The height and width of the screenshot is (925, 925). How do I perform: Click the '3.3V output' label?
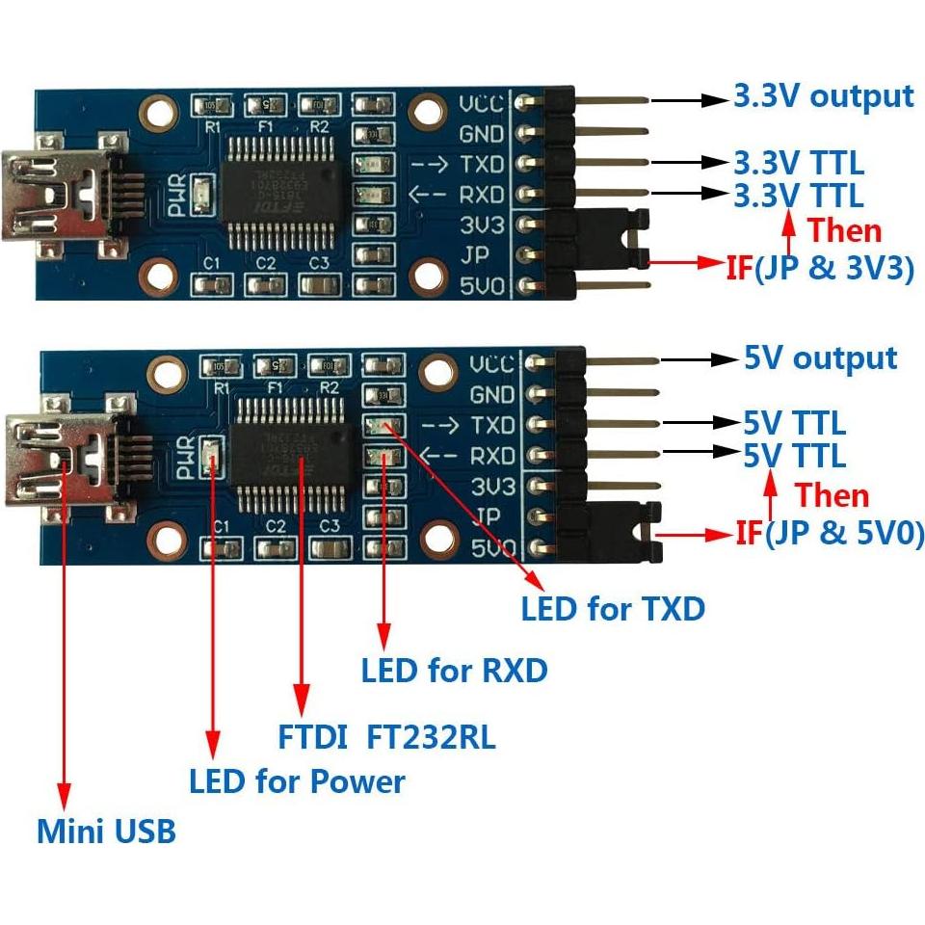[823, 96]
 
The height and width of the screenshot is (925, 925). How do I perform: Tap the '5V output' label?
[820, 358]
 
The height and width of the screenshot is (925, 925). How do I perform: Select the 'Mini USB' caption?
[106, 831]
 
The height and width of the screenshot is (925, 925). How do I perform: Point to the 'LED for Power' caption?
[297, 781]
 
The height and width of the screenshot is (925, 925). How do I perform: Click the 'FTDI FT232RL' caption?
[386, 738]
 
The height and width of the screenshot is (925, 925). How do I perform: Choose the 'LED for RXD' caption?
[454, 671]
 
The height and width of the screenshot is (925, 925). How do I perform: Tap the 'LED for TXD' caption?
[613, 609]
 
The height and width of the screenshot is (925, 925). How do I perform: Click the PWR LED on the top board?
[202, 193]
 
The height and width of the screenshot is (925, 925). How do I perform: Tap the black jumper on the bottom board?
[626, 532]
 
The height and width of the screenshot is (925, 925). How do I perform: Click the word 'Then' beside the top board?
[844, 230]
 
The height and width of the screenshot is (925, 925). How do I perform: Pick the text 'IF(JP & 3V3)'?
[819, 268]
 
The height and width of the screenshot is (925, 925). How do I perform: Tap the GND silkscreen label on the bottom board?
[492, 394]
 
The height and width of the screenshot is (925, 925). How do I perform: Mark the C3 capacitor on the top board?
[318, 284]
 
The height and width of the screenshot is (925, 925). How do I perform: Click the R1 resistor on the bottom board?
[222, 366]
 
